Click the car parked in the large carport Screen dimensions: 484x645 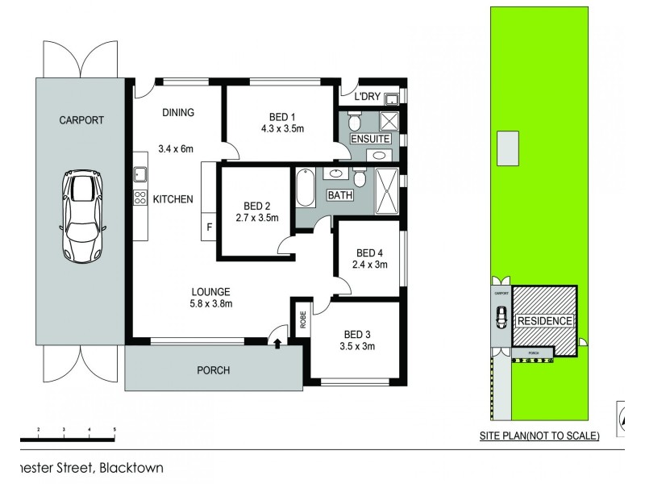[82, 216]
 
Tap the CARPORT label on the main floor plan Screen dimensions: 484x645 [81, 120]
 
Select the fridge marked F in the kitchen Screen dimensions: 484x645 [209, 227]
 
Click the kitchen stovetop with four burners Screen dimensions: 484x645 [139, 198]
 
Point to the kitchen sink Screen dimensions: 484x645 [139, 173]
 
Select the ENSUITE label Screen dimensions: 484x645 [370, 140]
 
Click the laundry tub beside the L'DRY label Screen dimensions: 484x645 [391, 99]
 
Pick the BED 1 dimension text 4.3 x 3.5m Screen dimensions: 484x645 [282, 127]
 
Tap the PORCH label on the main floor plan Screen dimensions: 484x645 [214, 370]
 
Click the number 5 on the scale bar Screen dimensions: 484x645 [114, 429]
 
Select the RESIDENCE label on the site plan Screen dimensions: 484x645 [544, 321]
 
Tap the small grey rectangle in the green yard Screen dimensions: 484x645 [508, 148]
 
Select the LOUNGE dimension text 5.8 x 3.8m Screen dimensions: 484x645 [211, 304]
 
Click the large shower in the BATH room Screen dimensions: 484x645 [387, 191]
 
